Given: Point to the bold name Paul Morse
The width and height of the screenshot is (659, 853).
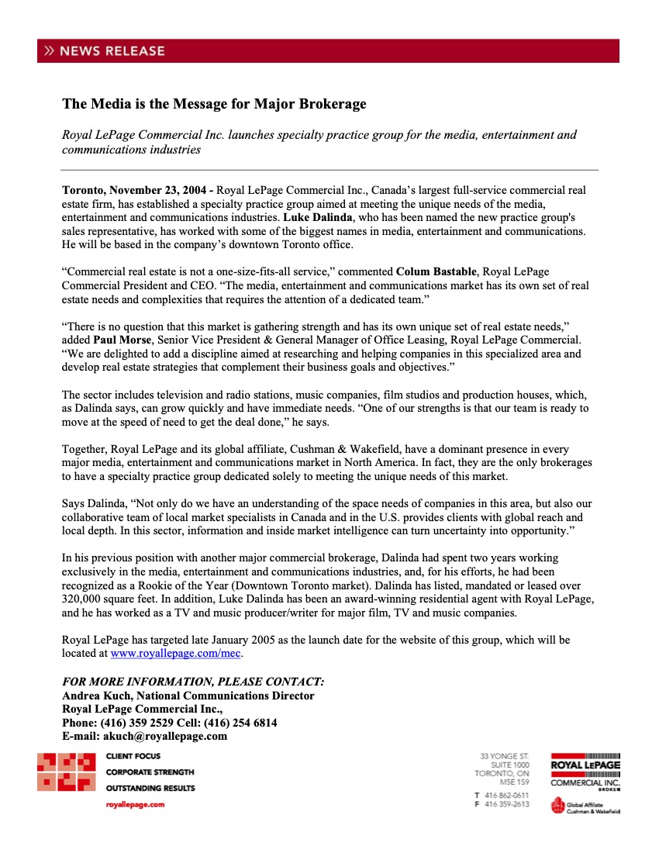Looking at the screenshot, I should coord(121,340).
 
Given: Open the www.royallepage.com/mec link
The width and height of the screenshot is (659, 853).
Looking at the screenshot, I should coord(176,654).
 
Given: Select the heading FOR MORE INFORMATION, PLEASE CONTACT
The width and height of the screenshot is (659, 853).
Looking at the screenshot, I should coord(193,682).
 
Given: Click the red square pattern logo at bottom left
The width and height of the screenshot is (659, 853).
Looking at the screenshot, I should coord(67,772).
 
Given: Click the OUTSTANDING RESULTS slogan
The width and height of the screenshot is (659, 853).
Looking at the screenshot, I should coord(150,788).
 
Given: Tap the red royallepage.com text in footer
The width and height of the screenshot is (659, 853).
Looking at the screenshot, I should coord(135,805).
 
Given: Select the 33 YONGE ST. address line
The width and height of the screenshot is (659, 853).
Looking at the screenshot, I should coord(505,755).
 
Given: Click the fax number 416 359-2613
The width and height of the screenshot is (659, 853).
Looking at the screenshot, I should coord(507,804).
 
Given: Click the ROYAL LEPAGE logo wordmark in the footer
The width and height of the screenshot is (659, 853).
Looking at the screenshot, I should coord(585,765).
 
